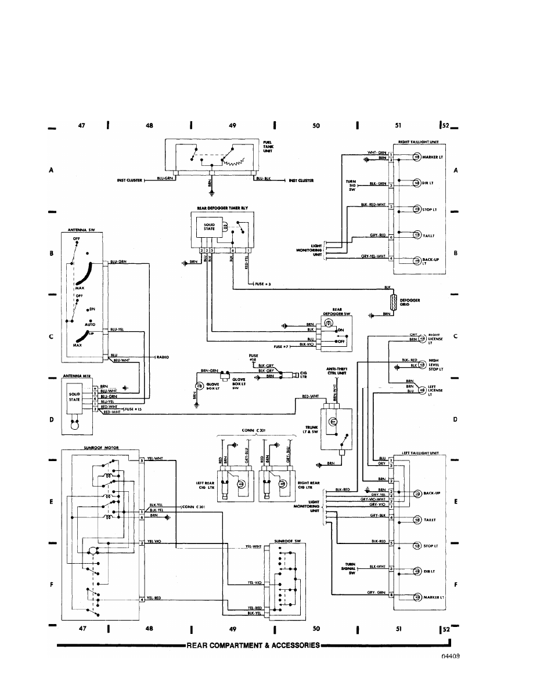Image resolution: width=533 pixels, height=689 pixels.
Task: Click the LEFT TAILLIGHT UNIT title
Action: [x=419, y=452]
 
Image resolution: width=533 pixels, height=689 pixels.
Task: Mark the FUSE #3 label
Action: [x=262, y=284]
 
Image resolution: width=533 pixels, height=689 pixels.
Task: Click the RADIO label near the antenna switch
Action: [x=163, y=357]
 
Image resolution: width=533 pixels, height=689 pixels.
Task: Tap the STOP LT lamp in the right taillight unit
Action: [x=416, y=209]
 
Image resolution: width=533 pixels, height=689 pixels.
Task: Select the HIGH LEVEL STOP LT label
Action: [x=435, y=364]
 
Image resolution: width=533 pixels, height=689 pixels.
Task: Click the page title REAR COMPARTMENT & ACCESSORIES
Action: [x=253, y=645]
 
